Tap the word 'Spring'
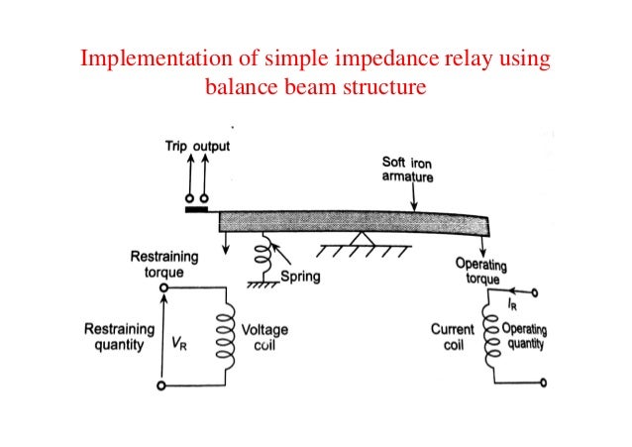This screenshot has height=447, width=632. pos(300,278)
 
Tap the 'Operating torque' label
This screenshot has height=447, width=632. pos(482,270)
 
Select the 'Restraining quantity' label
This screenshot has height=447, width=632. pos(120,337)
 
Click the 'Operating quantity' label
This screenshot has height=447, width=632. pos(525,337)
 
